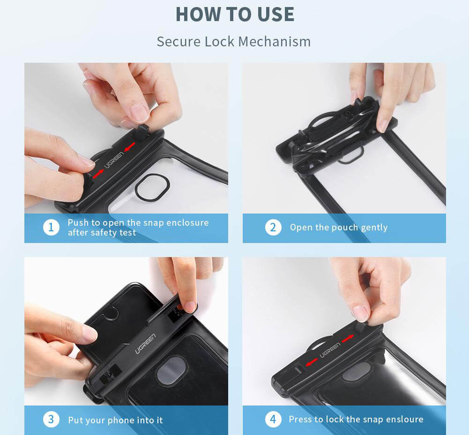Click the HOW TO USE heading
point(235,15)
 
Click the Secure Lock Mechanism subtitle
point(234,42)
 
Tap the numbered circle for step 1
point(51,228)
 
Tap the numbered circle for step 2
point(273,228)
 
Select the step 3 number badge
point(51,419)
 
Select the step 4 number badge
point(273,419)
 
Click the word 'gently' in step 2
point(374,228)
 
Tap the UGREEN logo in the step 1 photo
point(114,160)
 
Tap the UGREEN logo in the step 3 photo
point(145,344)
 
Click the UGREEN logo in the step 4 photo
point(330,350)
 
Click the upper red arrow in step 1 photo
point(129,147)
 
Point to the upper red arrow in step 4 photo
point(348,339)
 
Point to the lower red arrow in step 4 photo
point(312,362)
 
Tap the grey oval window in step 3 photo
point(172,370)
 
